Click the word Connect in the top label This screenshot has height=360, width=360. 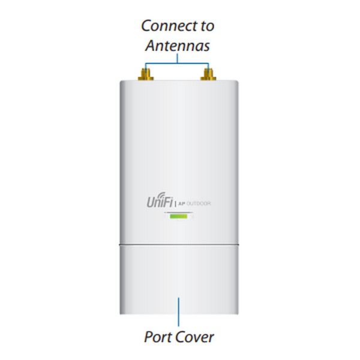tap(169, 26)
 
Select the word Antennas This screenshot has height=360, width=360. tap(178, 46)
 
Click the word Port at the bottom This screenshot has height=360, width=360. tap(158, 337)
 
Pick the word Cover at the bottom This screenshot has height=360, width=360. tap(195, 337)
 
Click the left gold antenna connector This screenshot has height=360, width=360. tap(146, 74)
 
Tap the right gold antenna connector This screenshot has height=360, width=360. tap(208, 74)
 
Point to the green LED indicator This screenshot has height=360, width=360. tap(178, 216)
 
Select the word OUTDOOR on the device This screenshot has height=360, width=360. tap(199, 203)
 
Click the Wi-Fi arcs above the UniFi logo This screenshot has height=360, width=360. tap(161, 195)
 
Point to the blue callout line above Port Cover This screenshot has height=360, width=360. tap(178, 312)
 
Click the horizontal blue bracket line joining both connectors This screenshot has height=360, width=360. tap(177, 63)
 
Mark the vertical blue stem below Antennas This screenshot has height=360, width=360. tap(177, 58)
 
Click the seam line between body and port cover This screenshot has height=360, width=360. tap(179, 245)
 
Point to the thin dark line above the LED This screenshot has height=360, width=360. tap(178, 212)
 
